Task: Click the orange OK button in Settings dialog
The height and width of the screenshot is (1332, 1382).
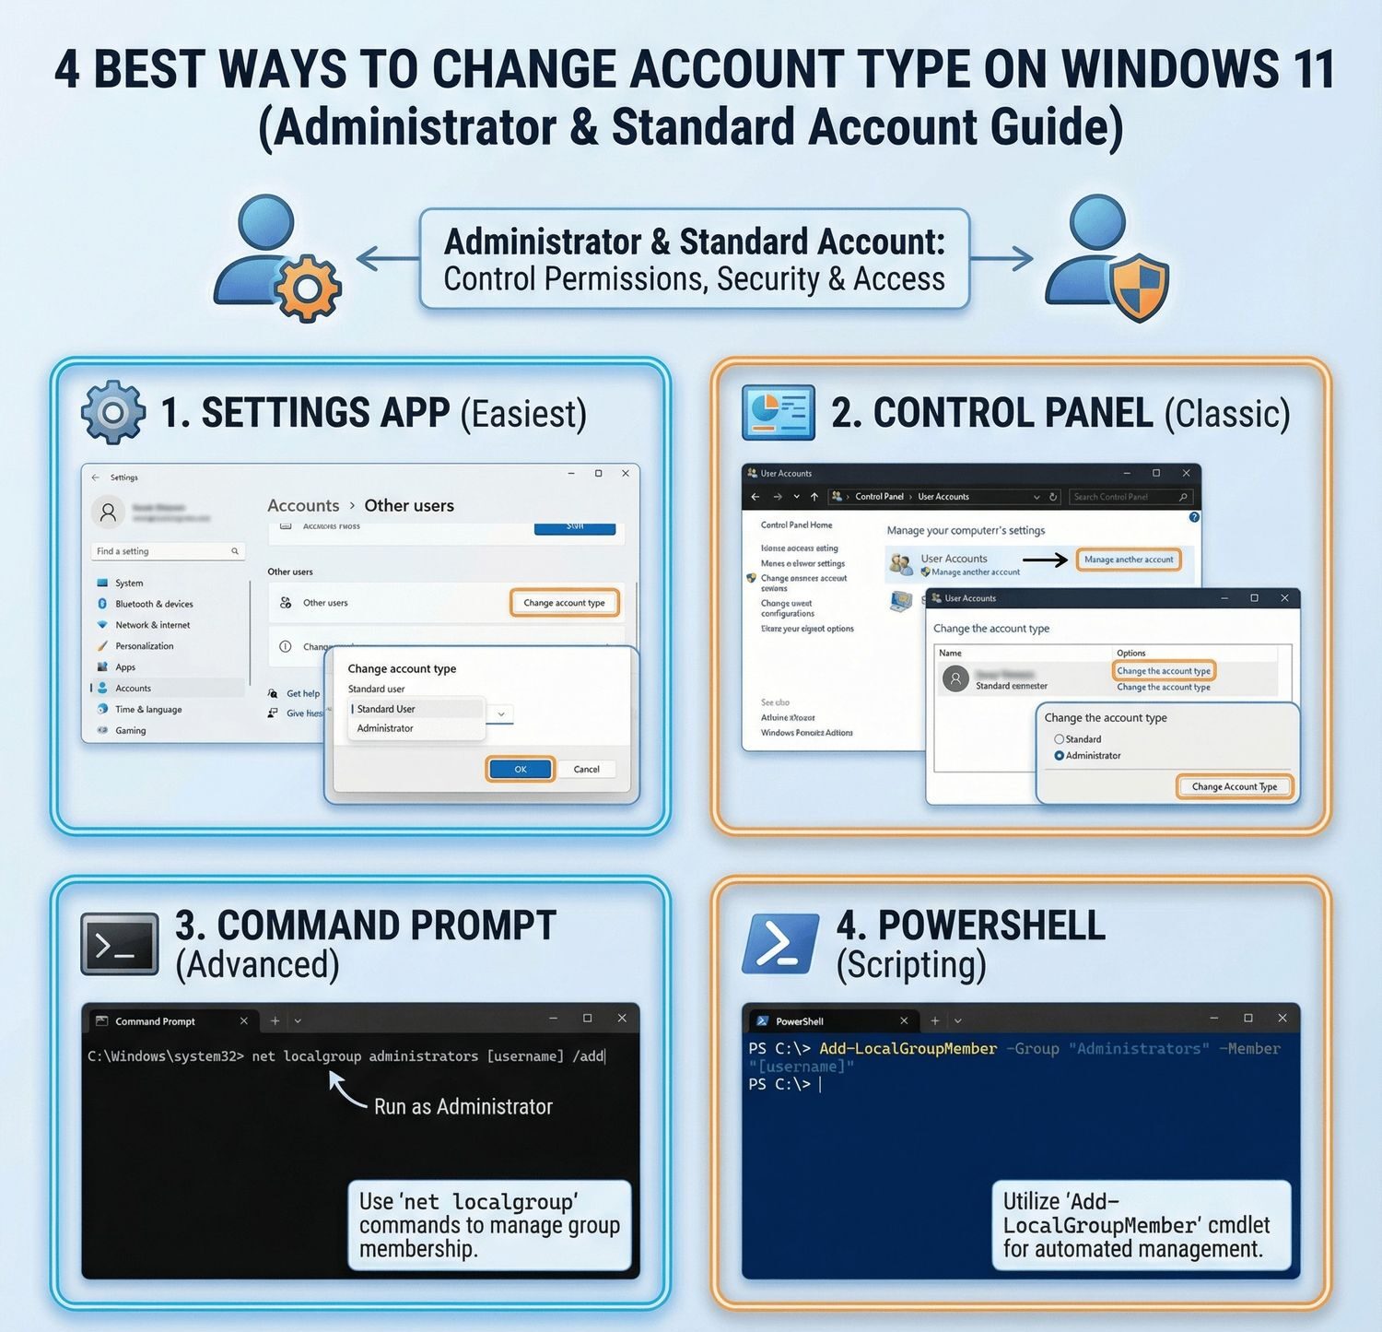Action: [521, 769]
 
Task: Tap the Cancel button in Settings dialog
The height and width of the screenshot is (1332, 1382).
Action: [586, 769]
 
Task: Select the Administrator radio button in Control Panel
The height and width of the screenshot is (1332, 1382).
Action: [1060, 756]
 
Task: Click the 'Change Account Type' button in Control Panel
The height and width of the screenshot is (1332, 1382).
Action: [1234, 786]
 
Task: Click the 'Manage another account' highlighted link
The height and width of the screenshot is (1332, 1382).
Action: [1129, 560]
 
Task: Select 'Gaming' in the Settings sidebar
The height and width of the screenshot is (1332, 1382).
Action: [130, 731]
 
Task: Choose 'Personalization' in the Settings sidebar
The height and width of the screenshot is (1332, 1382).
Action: [144, 646]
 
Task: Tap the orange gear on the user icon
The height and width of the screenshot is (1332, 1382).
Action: [308, 289]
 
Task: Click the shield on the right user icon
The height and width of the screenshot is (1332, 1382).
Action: [1139, 287]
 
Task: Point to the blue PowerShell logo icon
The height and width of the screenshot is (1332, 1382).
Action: [779, 944]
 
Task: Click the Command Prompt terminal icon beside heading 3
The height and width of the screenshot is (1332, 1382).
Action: [120, 944]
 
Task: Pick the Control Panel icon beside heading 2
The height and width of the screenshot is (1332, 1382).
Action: [779, 412]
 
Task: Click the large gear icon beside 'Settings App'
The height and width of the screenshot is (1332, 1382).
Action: [112, 412]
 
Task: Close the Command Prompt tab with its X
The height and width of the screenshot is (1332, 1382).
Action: [243, 1021]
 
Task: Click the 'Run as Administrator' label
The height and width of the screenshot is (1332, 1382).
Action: [463, 1106]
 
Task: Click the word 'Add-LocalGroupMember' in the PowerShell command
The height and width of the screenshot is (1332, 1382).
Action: [908, 1049]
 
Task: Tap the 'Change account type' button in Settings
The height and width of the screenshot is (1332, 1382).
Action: [564, 603]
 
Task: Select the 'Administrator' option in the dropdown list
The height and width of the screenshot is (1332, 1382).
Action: [385, 728]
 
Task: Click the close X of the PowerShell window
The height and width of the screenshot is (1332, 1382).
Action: [1282, 1019]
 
